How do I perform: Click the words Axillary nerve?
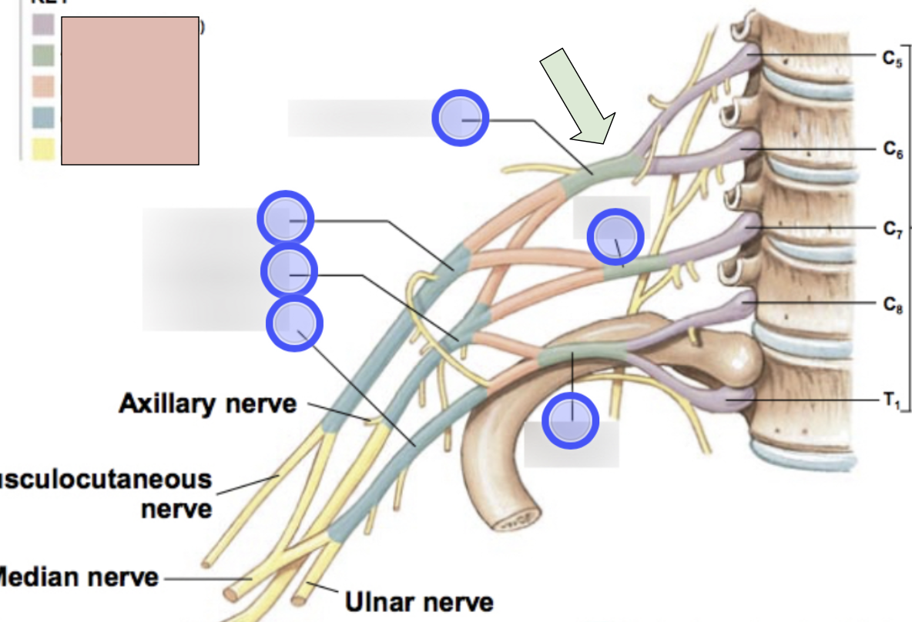(x=207, y=403)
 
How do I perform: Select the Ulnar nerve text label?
(x=418, y=600)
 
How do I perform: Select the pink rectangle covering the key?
(x=130, y=91)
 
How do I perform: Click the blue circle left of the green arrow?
(x=460, y=118)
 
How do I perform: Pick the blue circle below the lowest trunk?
(x=571, y=420)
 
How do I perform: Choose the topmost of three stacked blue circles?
(x=286, y=219)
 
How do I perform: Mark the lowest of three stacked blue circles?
(x=294, y=323)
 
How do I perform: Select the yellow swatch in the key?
(x=43, y=149)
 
